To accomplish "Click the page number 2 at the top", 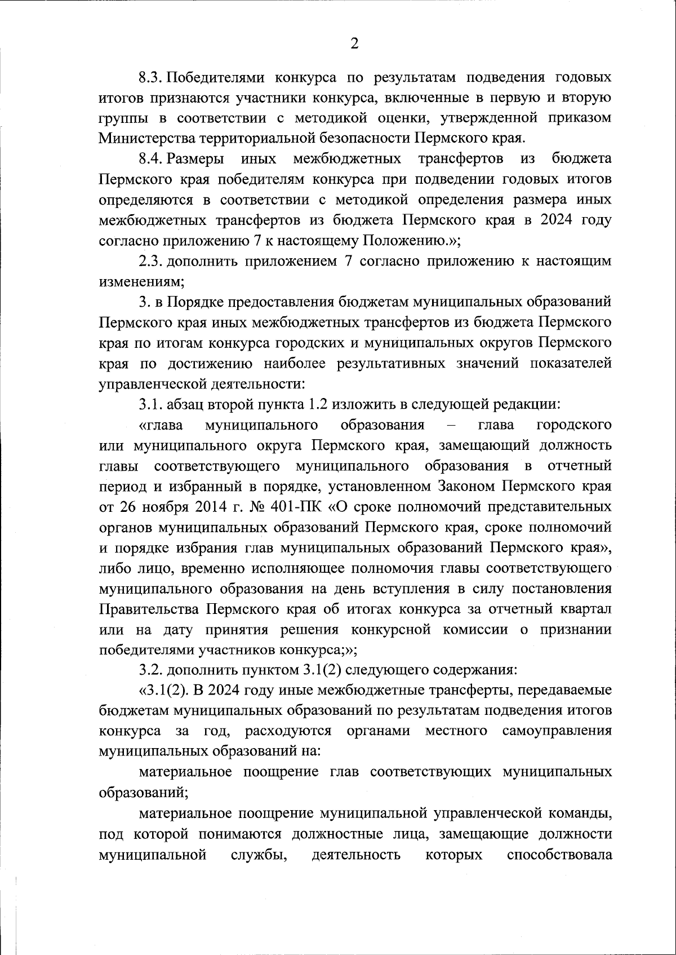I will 354,43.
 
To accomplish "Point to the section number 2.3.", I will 150,261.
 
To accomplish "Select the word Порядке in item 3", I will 195,302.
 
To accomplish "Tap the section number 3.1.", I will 150,404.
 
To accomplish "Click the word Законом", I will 467,486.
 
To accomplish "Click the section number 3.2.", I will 150,670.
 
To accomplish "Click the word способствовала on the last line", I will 559,855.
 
